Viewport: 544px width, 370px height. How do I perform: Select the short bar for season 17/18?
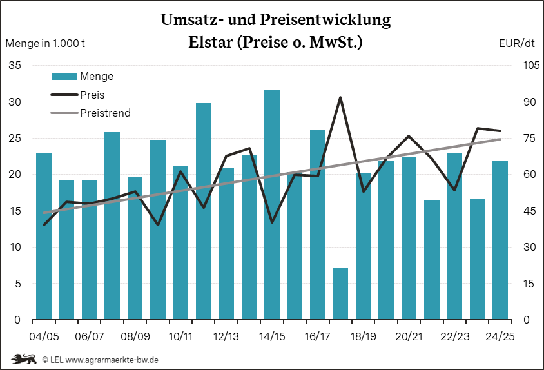coord(340,294)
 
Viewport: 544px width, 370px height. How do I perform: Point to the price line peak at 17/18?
coord(340,98)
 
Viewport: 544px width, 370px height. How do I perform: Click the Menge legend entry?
coord(97,76)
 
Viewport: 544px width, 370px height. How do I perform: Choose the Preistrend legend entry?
coord(105,113)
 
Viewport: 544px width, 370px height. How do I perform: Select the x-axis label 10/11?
coord(181,337)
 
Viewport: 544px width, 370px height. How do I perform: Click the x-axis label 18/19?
coord(364,337)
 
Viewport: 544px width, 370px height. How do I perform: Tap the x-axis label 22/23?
coord(455,337)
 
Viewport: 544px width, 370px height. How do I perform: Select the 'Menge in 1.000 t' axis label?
coord(45,44)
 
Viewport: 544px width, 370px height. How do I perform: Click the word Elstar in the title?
coord(212,43)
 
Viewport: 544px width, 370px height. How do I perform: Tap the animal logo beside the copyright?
coord(23,358)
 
